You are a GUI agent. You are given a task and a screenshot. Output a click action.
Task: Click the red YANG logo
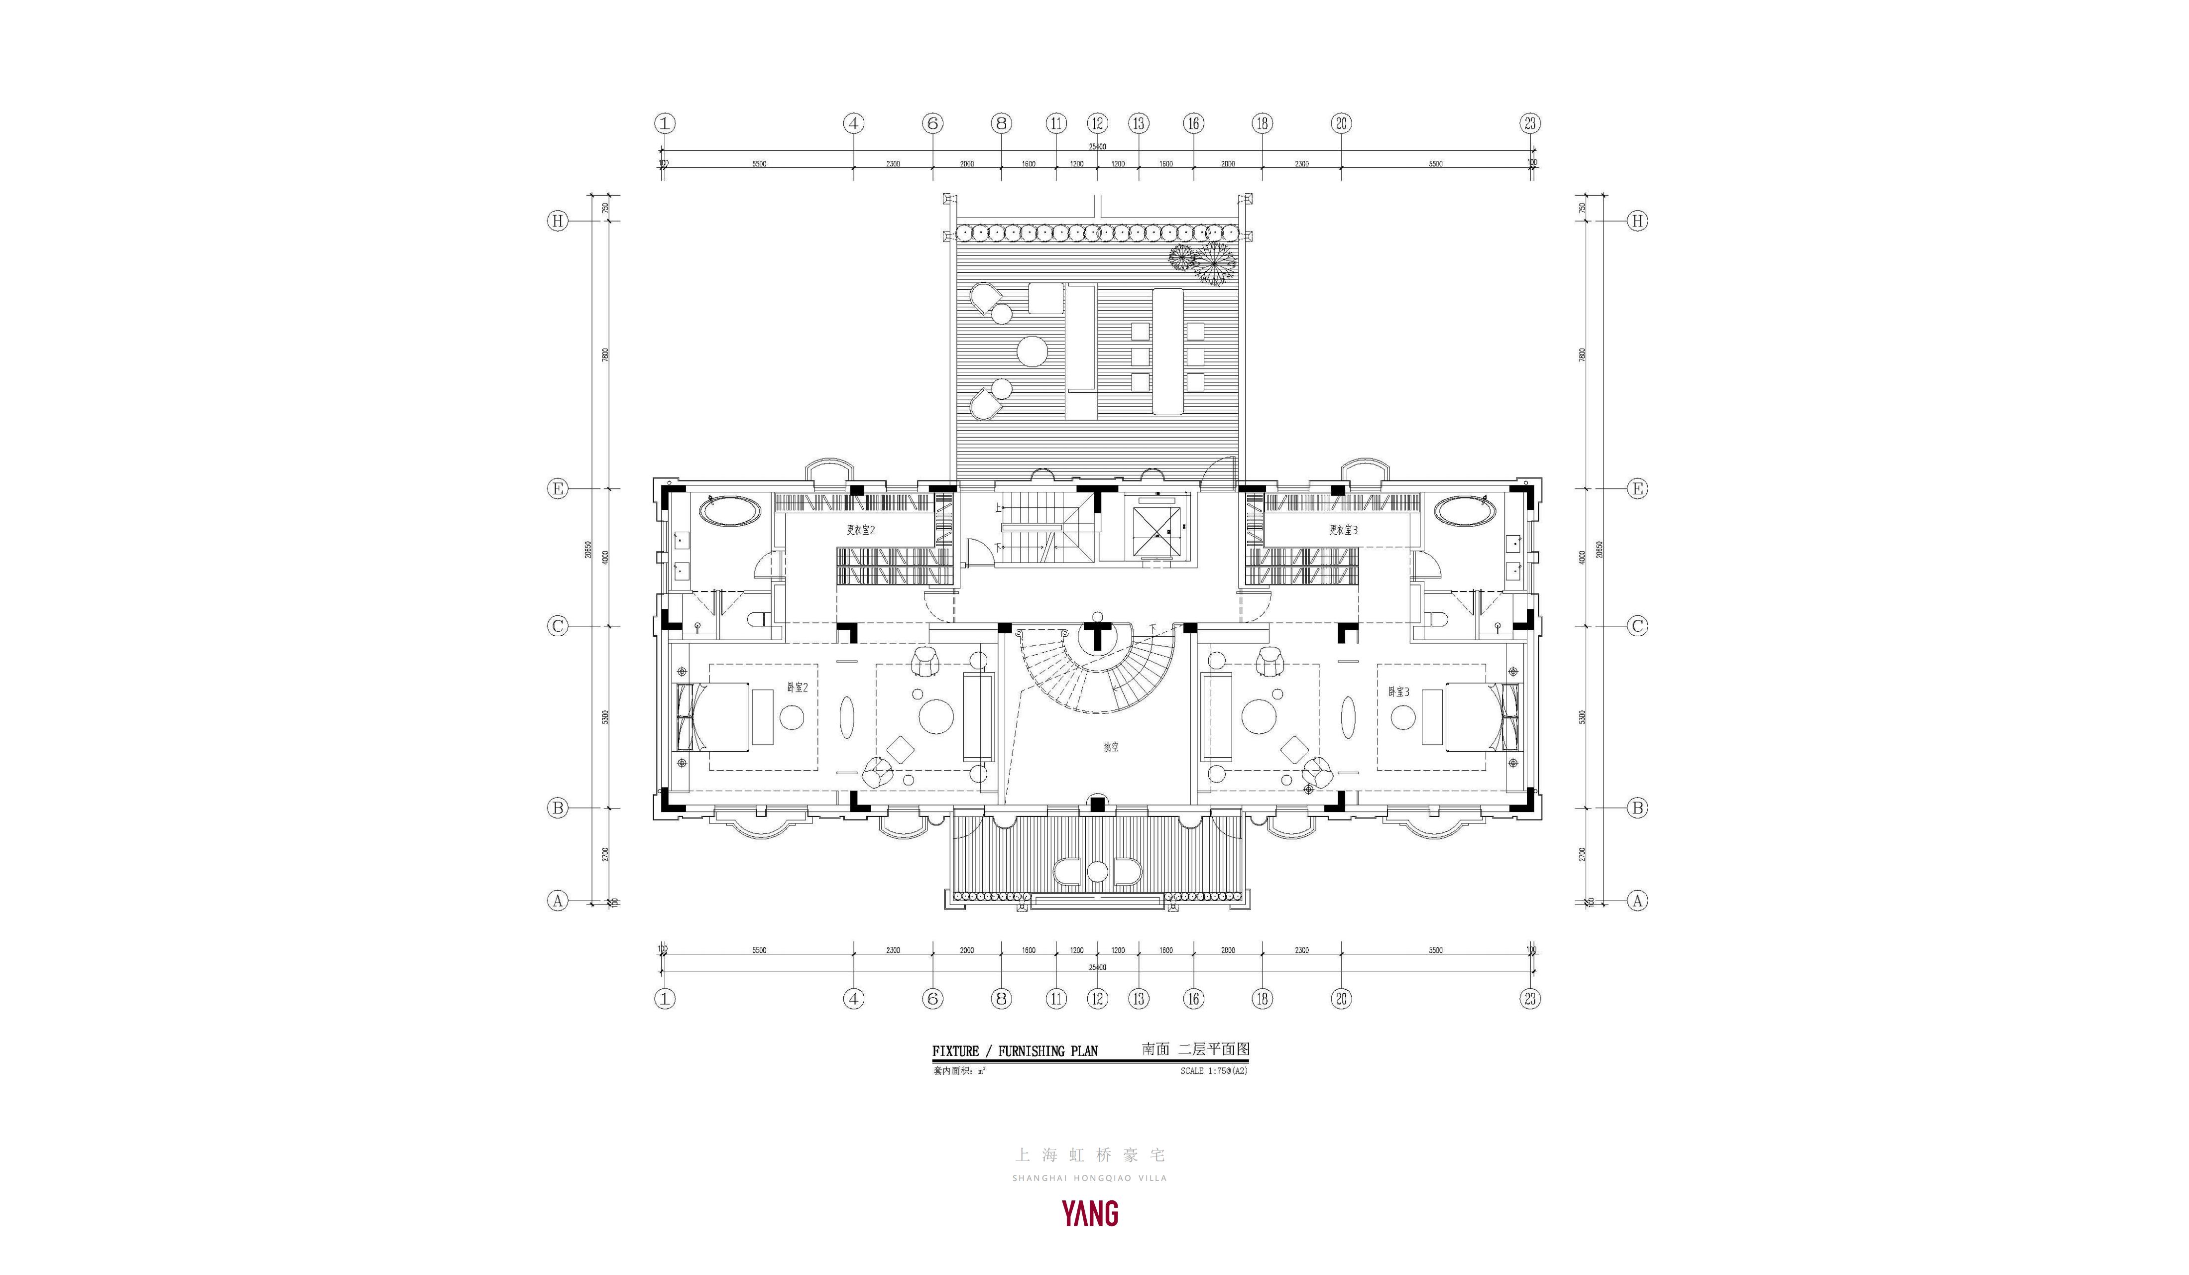tap(1090, 1213)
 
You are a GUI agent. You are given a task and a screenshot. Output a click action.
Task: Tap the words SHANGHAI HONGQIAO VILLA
tap(1089, 1178)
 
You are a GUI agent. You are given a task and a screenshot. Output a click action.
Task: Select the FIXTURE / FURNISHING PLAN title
tap(1015, 1051)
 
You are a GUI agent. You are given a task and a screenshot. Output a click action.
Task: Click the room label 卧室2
tap(798, 687)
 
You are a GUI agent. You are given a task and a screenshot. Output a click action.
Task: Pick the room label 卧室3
tap(1398, 692)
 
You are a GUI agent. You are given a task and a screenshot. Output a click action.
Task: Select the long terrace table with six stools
tap(1167, 351)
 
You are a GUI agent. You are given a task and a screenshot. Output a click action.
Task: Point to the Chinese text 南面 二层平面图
tap(1195, 1049)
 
